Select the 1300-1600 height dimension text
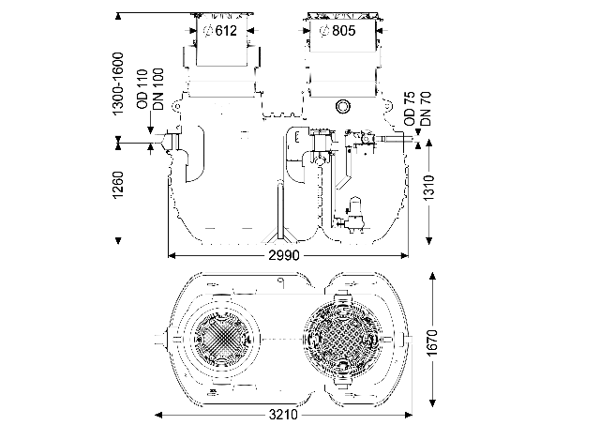(x=119, y=83)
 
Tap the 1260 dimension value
(x=119, y=185)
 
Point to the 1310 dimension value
(x=429, y=188)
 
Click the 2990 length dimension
(x=284, y=255)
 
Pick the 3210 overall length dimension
(x=283, y=415)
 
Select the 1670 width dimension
(x=432, y=342)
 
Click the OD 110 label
(x=142, y=89)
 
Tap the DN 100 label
(x=158, y=89)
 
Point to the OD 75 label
(x=410, y=108)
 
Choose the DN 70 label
(x=425, y=108)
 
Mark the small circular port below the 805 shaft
(x=343, y=106)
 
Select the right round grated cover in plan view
(x=342, y=340)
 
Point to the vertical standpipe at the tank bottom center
(x=280, y=210)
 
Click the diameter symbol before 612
(x=208, y=31)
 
